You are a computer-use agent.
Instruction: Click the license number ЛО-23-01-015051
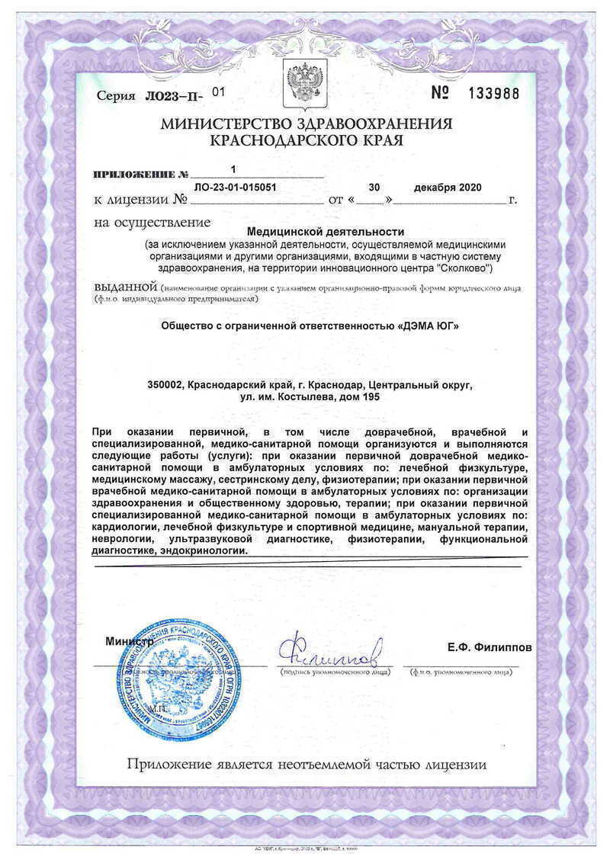click(x=235, y=188)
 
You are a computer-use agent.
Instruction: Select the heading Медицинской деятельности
click(x=326, y=231)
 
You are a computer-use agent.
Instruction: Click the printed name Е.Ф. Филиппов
click(x=490, y=647)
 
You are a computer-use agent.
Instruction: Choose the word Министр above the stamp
click(x=130, y=642)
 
